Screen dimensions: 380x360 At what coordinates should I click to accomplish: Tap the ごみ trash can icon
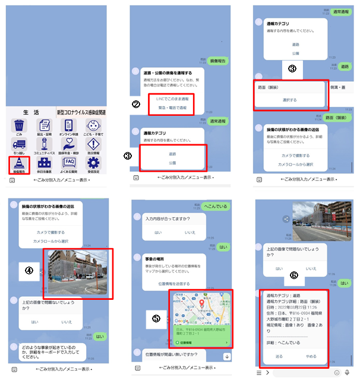(20, 126)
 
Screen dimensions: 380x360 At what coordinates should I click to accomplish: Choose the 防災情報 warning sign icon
(93, 144)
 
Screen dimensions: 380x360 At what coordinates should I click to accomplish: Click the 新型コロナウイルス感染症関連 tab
(82, 113)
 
